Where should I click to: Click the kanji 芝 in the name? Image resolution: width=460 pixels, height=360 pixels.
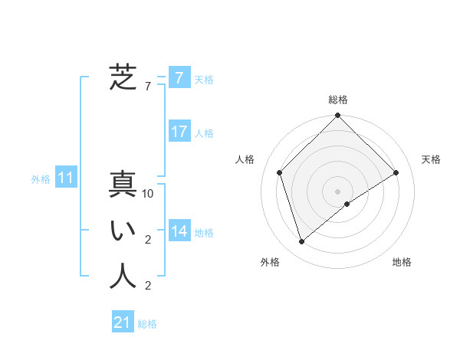click(123, 77)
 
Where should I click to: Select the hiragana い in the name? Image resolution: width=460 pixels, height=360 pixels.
click(123, 231)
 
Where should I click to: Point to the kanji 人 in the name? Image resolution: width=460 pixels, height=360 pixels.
click(123, 277)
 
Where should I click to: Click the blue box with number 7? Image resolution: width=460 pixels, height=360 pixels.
click(179, 77)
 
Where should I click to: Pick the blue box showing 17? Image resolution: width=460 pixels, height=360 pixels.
click(179, 132)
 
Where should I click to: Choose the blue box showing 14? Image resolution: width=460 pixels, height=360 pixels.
click(179, 231)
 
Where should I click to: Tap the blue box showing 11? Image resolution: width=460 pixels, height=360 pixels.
click(66, 178)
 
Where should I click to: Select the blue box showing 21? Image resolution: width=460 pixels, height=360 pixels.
click(123, 322)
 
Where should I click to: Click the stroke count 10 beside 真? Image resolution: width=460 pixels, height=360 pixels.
click(148, 195)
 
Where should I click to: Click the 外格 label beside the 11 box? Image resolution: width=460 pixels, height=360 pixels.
click(41, 179)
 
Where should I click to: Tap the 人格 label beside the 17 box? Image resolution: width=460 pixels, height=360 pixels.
click(204, 133)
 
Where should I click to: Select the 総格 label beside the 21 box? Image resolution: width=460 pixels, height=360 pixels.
click(147, 324)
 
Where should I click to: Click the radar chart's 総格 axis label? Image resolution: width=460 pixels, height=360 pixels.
click(338, 100)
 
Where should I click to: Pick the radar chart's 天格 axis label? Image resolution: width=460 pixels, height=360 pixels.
click(431, 159)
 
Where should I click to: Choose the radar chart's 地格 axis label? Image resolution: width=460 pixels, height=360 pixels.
click(402, 262)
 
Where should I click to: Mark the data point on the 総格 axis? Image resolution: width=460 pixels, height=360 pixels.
click(338, 116)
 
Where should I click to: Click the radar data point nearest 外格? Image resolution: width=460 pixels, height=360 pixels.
click(302, 242)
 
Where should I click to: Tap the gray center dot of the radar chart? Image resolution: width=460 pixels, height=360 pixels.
click(338, 191)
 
